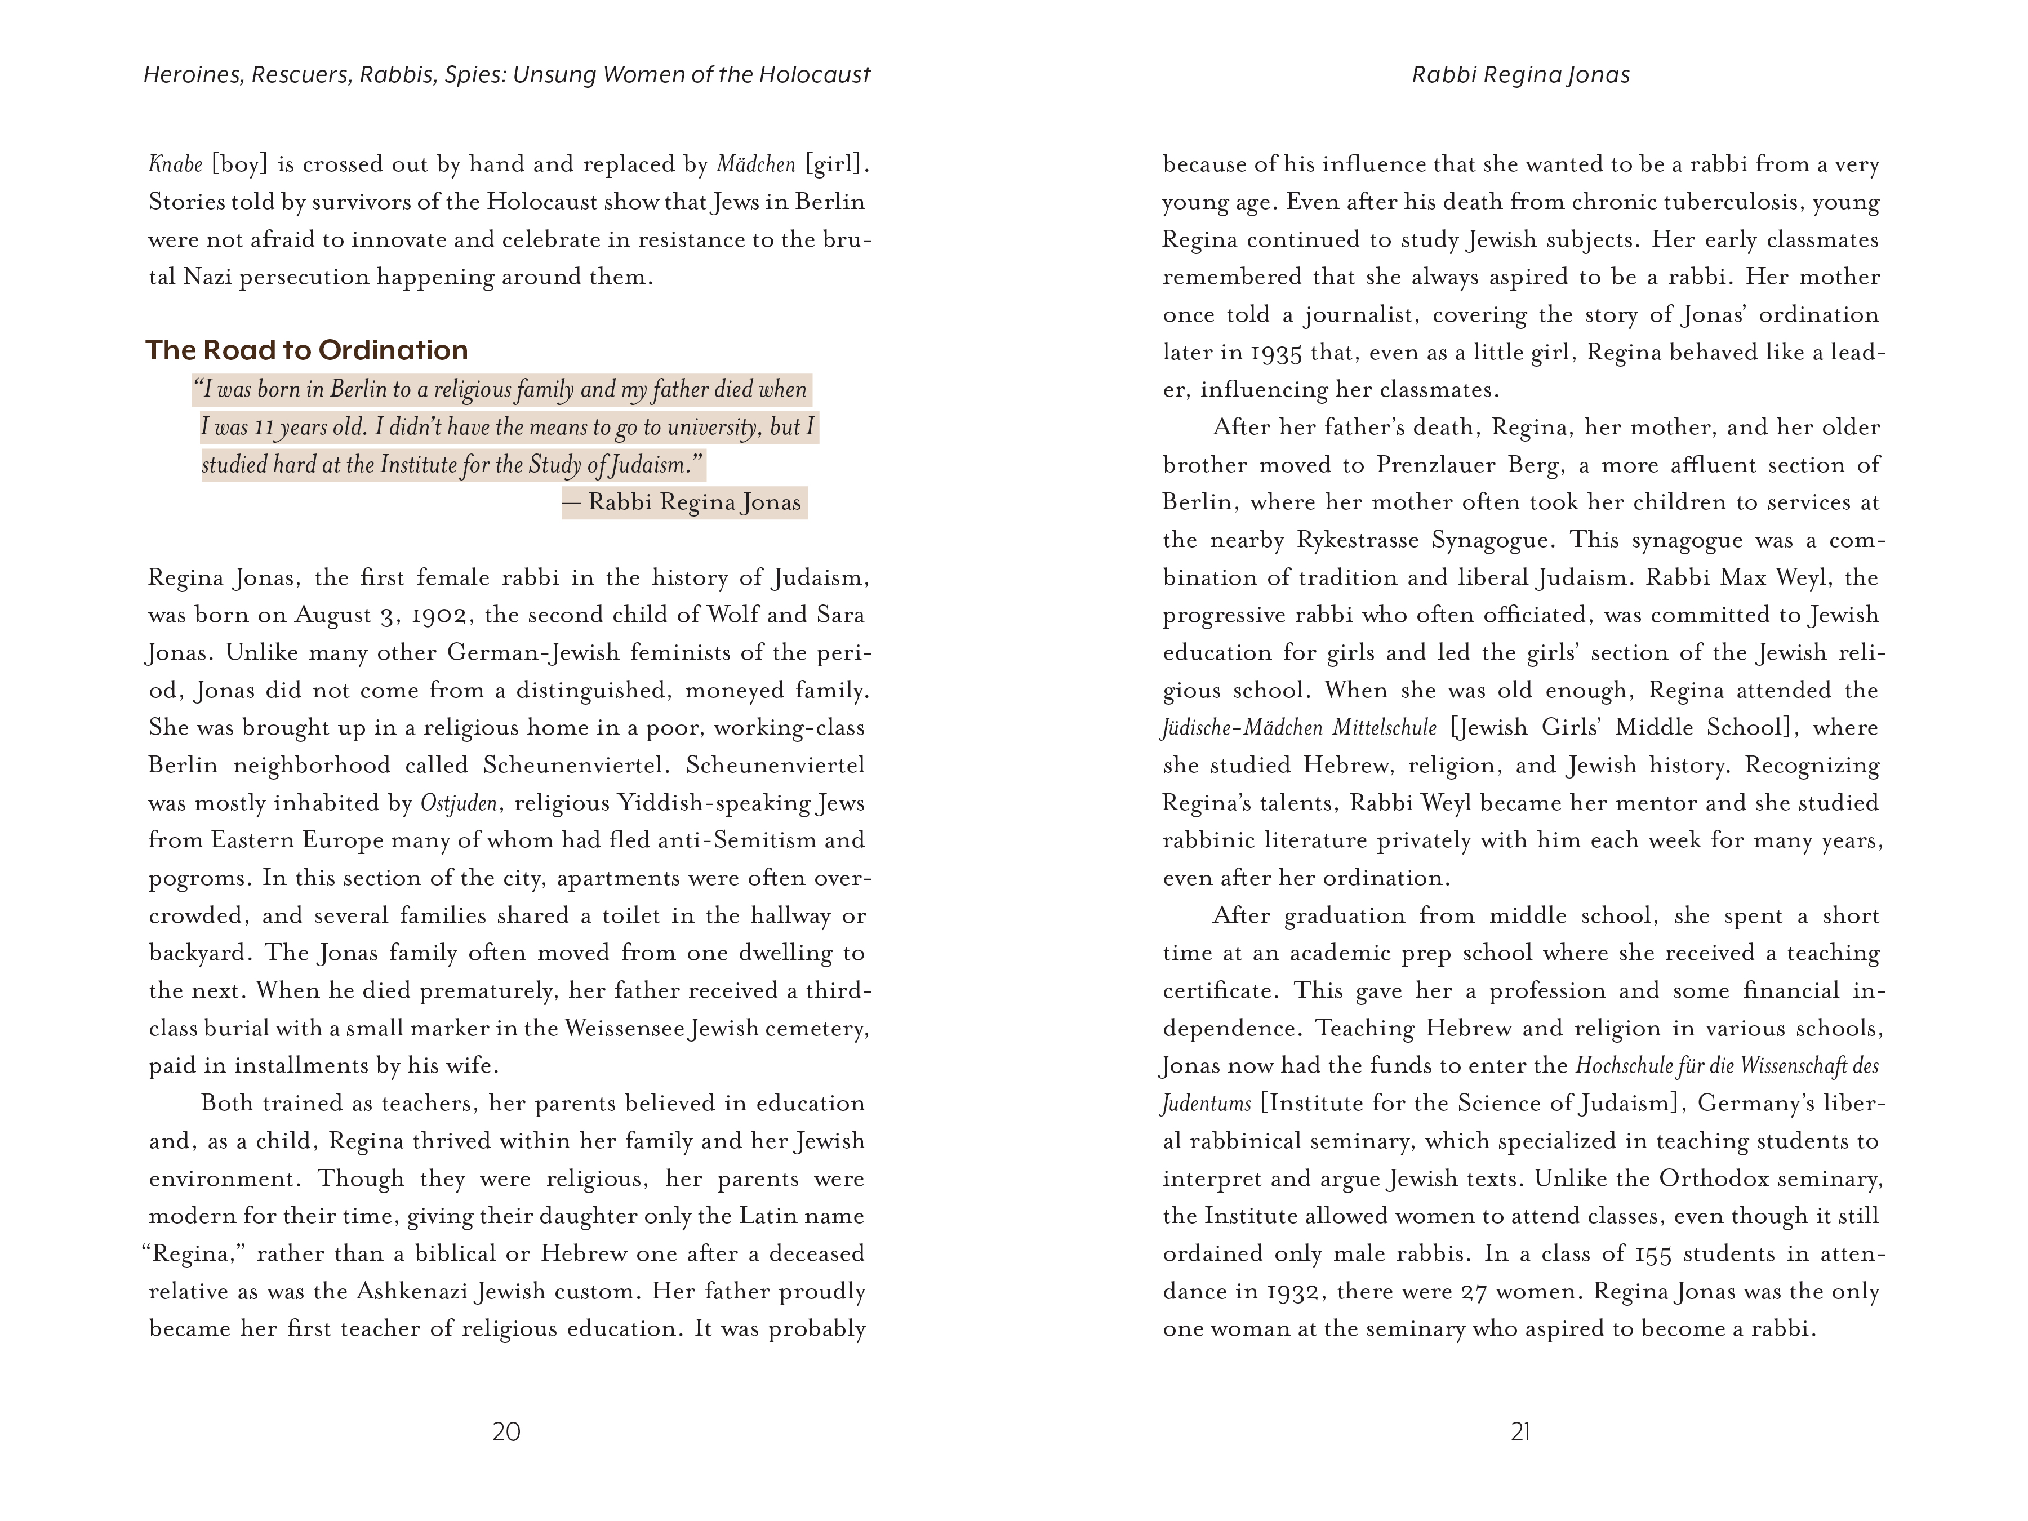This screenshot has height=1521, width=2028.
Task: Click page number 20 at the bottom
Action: pos(506,1431)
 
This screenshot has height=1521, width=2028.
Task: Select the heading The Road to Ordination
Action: pos(306,350)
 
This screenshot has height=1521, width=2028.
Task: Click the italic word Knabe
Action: pos(175,165)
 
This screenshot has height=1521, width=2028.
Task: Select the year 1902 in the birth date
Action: pos(442,615)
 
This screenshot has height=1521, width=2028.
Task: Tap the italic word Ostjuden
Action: pos(459,803)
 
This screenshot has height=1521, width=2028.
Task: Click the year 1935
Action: pos(1276,353)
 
